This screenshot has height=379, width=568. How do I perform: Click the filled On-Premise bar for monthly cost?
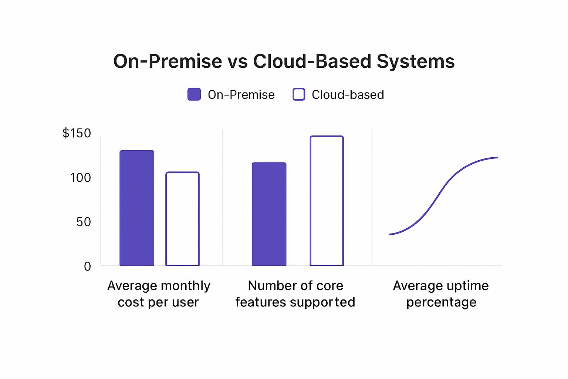137,208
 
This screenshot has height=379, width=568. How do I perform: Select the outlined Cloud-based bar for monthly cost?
182,219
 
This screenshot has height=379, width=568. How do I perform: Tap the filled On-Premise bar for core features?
269,214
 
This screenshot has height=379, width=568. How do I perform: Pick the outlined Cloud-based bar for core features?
327,201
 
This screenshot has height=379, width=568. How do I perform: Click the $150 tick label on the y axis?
77,133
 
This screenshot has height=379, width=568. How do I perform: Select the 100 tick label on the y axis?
80,178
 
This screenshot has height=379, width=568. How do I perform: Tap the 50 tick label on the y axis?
83,222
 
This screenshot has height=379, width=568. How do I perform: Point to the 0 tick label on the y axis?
87,266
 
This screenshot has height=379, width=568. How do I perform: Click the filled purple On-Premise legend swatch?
194,94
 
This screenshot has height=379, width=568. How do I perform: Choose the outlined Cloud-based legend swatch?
299,94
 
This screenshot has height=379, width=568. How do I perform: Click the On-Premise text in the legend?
241,95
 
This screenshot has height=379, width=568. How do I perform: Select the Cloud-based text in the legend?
348,95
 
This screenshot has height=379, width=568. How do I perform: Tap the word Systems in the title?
416,61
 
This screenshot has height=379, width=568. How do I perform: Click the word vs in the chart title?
237,61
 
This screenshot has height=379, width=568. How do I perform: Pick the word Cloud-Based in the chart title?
312,61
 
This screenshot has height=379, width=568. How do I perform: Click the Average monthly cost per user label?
159,294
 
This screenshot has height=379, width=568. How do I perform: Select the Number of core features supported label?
295,294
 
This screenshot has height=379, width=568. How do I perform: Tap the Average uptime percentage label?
441,294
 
